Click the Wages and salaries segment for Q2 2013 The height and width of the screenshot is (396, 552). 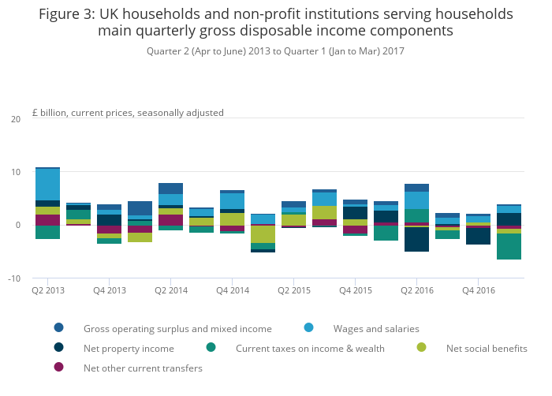(x=47, y=185)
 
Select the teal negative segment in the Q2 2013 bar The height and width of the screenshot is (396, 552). (x=47, y=232)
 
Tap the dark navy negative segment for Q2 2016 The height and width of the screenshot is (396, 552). (x=416, y=239)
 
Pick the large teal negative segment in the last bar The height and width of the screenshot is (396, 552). (x=509, y=246)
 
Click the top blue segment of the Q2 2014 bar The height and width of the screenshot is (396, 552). (x=170, y=189)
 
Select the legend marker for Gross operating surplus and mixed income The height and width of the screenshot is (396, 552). (x=59, y=328)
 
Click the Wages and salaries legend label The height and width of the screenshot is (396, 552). (x=376, y=328)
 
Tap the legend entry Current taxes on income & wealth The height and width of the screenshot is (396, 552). (x=310, y=348)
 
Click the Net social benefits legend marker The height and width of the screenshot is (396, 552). (x=423, y=348)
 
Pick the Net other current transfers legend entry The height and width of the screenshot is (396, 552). (x=143, y=368)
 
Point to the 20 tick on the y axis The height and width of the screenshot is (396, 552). (x=15, y=119)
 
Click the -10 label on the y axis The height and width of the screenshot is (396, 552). (x=13, y=278)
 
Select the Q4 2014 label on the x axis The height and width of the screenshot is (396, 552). (x=232, y=290)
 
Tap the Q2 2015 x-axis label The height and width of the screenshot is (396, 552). (x=293, y=290)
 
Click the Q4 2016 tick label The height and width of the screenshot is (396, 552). (x=478, y=290)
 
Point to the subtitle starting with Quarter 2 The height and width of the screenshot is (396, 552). (x=275, y=51)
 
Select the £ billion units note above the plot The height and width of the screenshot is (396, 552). (x=128, y=113)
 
